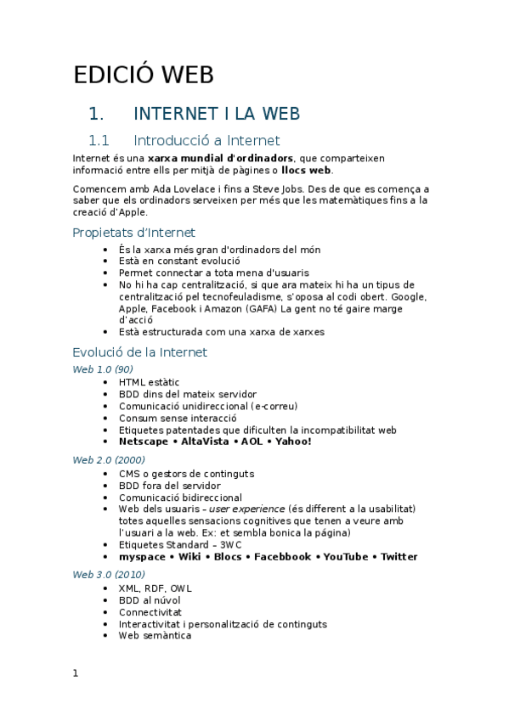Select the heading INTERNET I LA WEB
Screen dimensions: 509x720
[x=217, y=114]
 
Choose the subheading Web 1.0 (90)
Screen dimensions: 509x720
[x=103, y=368]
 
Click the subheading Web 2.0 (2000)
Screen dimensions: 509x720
[x=108, y=459]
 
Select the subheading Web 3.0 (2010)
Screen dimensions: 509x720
[x=108, y=574]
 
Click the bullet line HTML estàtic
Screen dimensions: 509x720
[x=149, y=382]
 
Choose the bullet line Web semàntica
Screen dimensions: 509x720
[x=155, y=635]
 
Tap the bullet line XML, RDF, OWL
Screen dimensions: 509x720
[x=156, y=588]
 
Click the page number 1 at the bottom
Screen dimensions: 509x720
[x=76, y=673]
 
